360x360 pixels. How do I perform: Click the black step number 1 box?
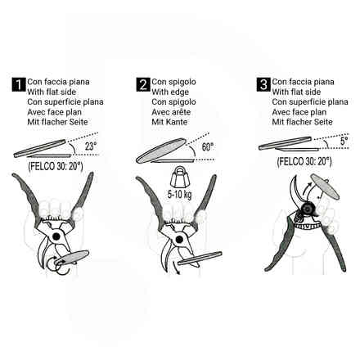19,84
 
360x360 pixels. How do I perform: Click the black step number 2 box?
143,84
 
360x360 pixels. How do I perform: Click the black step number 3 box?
263,84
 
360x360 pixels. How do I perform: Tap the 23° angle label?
91,146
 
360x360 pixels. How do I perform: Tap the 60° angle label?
208,146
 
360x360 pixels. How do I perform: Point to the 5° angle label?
344,141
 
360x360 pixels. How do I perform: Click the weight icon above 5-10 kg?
179,178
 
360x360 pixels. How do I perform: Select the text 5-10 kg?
179,195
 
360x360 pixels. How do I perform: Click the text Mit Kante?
169,122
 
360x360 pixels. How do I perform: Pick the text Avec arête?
171,112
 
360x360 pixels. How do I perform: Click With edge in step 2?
170,92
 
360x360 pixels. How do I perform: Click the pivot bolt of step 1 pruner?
56,236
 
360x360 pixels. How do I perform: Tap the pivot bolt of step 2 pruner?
179,240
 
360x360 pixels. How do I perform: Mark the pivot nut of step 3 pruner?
308,209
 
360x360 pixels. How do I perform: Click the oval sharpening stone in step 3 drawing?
325,187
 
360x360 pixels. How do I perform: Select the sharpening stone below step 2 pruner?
200,258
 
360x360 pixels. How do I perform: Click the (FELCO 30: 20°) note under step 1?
56,166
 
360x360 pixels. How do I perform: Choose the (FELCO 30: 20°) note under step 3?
304,161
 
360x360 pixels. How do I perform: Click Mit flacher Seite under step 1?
57,122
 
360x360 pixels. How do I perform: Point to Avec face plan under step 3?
299,112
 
